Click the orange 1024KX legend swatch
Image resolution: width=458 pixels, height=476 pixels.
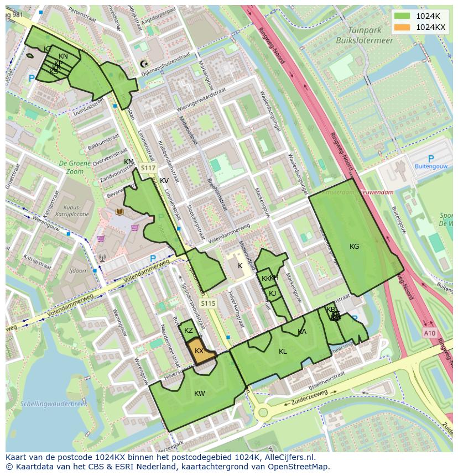403,27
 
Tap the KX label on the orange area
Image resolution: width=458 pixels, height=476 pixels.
199,351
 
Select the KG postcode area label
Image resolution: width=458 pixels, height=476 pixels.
355,247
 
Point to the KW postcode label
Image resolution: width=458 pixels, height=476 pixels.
200,394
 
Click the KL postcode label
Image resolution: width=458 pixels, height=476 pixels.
283,352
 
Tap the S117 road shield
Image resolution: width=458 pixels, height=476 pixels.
148,168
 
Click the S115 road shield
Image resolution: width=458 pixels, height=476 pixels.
208,304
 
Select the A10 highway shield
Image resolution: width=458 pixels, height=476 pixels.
430,333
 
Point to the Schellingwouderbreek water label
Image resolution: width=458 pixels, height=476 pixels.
54,404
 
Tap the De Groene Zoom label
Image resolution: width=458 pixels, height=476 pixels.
71,168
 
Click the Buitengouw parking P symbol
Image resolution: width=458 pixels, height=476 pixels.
431,159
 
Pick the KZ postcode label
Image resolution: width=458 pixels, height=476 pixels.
189,331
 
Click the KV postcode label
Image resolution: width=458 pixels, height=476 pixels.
164,181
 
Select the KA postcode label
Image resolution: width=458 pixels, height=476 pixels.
302,332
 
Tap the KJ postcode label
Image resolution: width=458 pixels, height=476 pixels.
272,294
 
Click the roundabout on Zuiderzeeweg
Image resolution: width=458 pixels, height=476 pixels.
263,412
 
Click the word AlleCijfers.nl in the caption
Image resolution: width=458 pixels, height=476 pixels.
288,457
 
